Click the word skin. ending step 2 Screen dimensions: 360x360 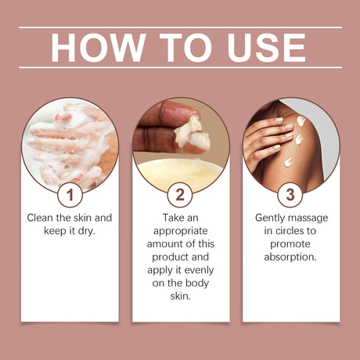(180, 296)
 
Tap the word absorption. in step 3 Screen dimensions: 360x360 (290, 256)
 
